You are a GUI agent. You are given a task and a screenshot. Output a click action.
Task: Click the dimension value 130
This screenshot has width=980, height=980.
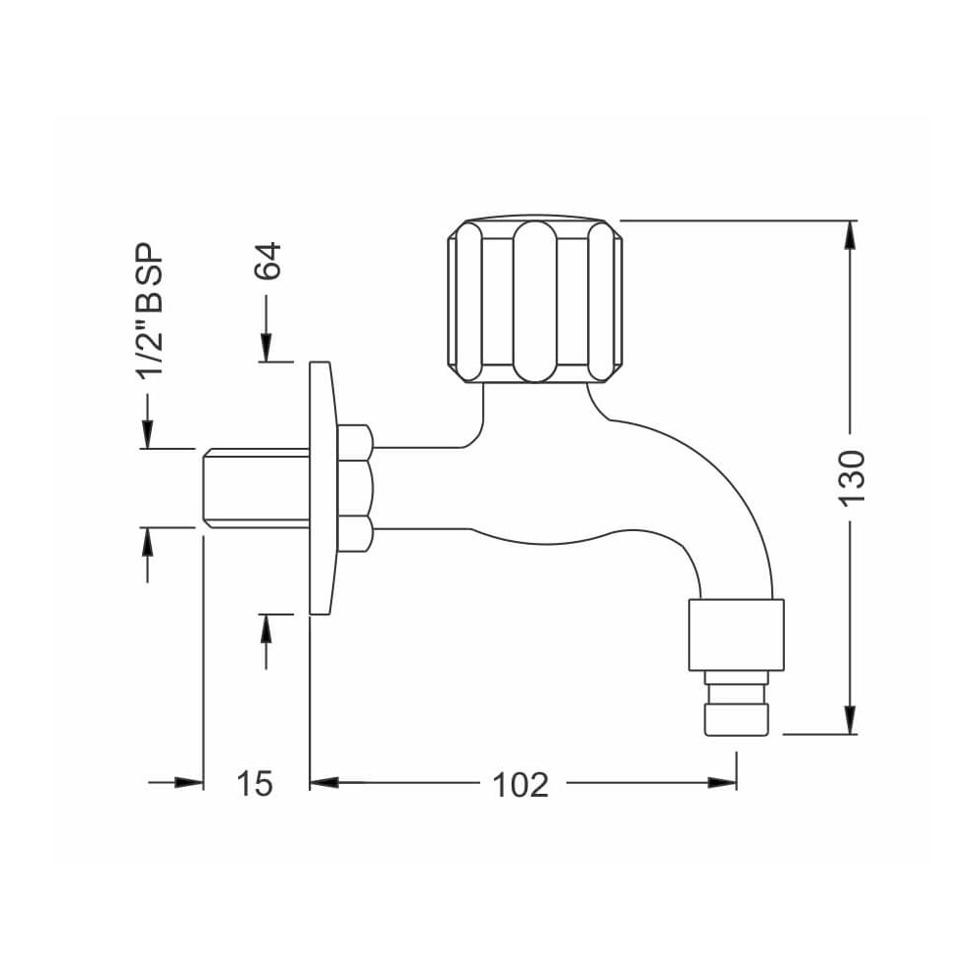tap(852, 476)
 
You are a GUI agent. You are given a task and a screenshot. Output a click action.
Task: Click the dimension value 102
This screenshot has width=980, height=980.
tap(519, 783)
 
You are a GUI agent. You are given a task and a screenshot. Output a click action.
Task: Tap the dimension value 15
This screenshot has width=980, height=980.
tap(254, 783)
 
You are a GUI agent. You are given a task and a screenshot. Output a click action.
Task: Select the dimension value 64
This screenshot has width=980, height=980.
tap(268, 261)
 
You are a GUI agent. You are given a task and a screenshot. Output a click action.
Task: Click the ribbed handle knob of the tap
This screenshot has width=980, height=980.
tap(535, 298)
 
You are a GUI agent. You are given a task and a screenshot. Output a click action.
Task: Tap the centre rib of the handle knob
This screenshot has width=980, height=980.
tap(535, 300)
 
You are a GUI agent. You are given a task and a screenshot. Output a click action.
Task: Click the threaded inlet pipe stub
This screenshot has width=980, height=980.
tap(255, 488)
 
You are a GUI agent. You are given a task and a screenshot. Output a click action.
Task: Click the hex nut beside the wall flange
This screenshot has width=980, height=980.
tap(355, 488)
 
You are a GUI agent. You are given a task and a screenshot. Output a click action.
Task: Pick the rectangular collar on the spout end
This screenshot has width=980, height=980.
tap(736, 634)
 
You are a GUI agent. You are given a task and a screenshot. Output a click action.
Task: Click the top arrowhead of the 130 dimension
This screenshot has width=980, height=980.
tap(851, 235)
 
